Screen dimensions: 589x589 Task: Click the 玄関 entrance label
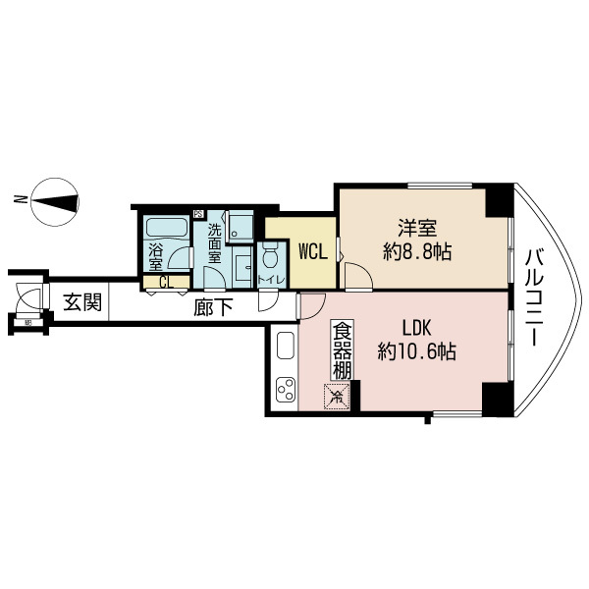pos(82,302)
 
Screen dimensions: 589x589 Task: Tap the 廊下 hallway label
pos(212,307)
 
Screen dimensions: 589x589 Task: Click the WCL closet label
pos(312,252)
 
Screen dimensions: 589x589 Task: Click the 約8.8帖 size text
pos(416,252)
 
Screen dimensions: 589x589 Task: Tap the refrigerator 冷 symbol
pos(336,398)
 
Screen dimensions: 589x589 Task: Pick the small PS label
pos(197,215)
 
